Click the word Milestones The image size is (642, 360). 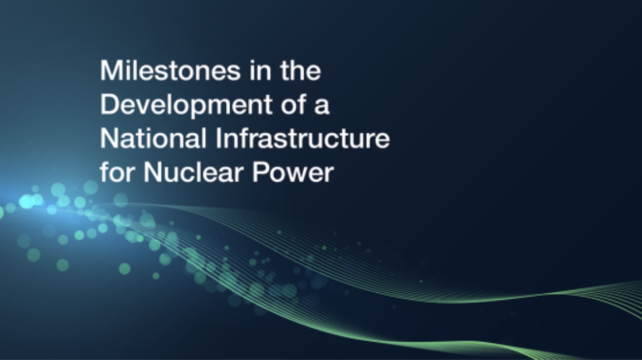point(170,70)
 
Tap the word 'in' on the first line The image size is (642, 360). point(260,70)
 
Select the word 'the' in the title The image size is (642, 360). point(301,70)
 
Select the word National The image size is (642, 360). point(153,138)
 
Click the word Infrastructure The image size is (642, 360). point(303,138)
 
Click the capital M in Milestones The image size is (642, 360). point(110,70)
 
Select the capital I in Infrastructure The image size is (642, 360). point(218,138)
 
